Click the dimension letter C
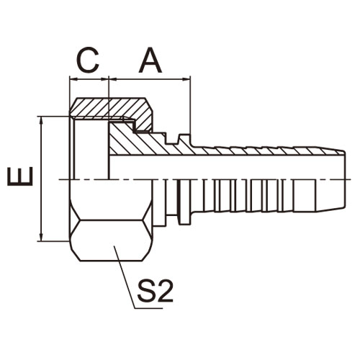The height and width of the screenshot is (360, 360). point(88,60)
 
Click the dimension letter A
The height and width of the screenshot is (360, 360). point(150,60)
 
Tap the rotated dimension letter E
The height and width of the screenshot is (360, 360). point(20,176)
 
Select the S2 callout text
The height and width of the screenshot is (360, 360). point(155,290)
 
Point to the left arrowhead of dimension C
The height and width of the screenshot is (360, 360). point(73,79)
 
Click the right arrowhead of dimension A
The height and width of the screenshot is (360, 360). point(186,79)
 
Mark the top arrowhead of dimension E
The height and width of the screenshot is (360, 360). point(42,120)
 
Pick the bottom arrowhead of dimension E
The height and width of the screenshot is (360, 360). point(42,238)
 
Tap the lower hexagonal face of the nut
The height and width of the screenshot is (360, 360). point(111,240)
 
